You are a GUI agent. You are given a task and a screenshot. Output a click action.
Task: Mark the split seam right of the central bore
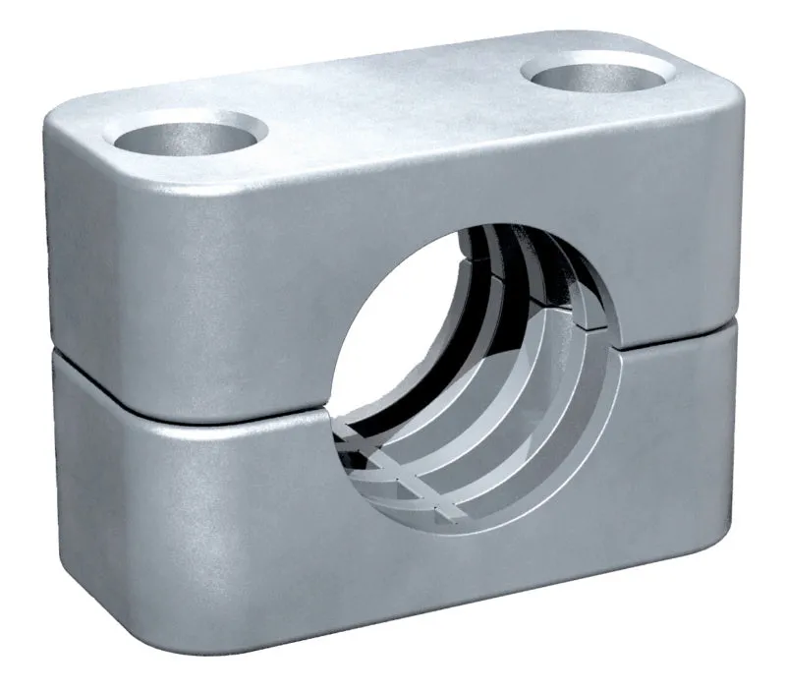point(678,342)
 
